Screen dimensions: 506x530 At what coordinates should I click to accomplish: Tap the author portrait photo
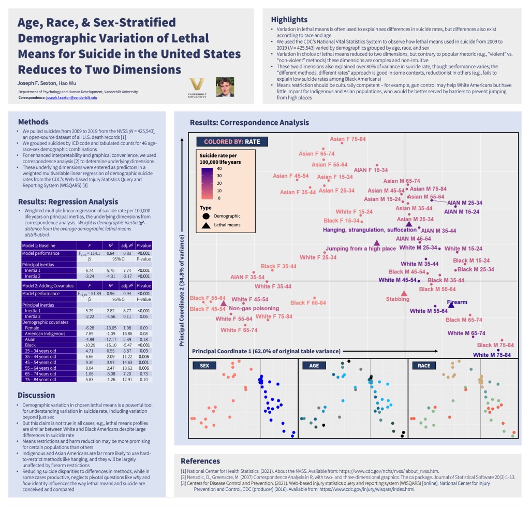tap(225, 87)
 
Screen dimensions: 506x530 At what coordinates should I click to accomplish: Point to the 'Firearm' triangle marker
tap(451, 305)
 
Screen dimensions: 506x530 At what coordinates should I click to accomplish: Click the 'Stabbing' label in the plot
tap(397, 299)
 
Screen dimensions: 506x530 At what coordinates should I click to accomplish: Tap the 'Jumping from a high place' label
tap(361, 249)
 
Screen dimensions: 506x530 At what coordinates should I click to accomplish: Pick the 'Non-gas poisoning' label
tap(254, 308)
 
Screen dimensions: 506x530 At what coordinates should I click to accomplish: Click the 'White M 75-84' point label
tap(492, 355)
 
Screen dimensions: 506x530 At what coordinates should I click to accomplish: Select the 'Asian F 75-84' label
tap(348, 139)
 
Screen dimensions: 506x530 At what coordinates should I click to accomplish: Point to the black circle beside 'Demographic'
tap(206, 215)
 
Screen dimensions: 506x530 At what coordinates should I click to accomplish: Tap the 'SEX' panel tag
tap(204, 366)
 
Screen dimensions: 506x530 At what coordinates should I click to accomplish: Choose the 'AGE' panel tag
tap(314, 366)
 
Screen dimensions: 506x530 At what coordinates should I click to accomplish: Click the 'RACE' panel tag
tap(424, 366)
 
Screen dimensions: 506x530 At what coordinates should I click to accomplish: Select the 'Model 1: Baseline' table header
tap(40, 245)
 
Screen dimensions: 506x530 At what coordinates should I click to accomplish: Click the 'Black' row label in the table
tap(31, 344)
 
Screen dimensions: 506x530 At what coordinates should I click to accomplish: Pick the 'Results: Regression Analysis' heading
tap(68, 201)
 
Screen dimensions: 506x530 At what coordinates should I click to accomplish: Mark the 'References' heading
tap(200, 461)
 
